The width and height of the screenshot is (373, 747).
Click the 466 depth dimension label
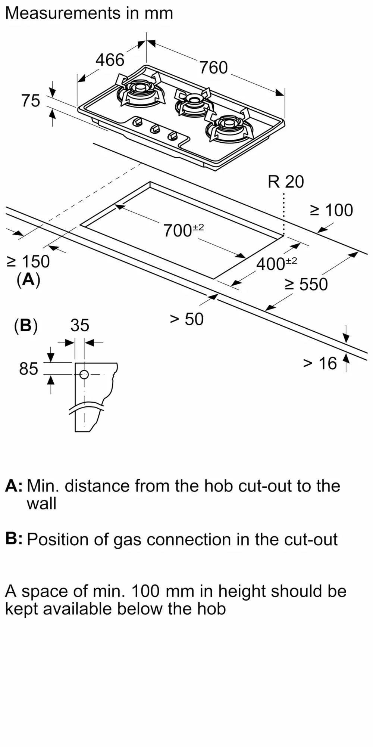pos(110,60)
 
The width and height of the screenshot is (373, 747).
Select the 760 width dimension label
pos(213,68)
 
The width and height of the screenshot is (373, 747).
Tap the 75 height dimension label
pos(31,101)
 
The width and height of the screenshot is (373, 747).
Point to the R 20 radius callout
pos(286,182)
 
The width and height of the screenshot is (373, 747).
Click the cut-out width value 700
pos(178,230)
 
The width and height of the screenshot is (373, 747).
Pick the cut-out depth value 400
pos(270,264)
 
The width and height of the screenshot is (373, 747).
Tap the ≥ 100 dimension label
pos(332,210)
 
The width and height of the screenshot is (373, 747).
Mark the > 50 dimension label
pos(186,319)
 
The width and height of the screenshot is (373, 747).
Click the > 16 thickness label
pos(320,363)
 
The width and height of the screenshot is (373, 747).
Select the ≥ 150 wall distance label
pos(28,261)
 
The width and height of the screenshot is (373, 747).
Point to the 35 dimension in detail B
pos(80,325)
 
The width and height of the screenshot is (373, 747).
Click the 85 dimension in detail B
pos(29,369)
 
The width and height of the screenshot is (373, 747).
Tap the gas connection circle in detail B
pos(84,374)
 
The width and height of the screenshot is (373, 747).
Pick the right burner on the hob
pos(228,125)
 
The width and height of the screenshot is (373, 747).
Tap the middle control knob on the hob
pos(155,129)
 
